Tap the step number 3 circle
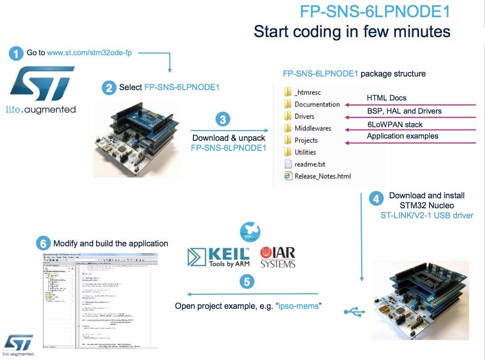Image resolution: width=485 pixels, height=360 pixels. [222, 119]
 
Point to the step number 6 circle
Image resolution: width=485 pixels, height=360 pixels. [43, 244]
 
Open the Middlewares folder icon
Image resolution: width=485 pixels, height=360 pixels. [288, 128]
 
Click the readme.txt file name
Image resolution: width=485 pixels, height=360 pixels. [310, 164]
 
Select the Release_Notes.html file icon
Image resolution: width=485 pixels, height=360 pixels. [288, 176]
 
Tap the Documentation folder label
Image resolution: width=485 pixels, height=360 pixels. [317, 104]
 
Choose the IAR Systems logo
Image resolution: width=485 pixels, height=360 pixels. [278, 257]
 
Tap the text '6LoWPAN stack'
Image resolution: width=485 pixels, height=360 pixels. [395, 124]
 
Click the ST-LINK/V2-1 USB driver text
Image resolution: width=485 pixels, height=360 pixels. [427, 215]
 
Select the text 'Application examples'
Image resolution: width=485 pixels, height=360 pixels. [402, 136]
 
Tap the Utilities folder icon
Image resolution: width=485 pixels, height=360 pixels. [288, 152]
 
